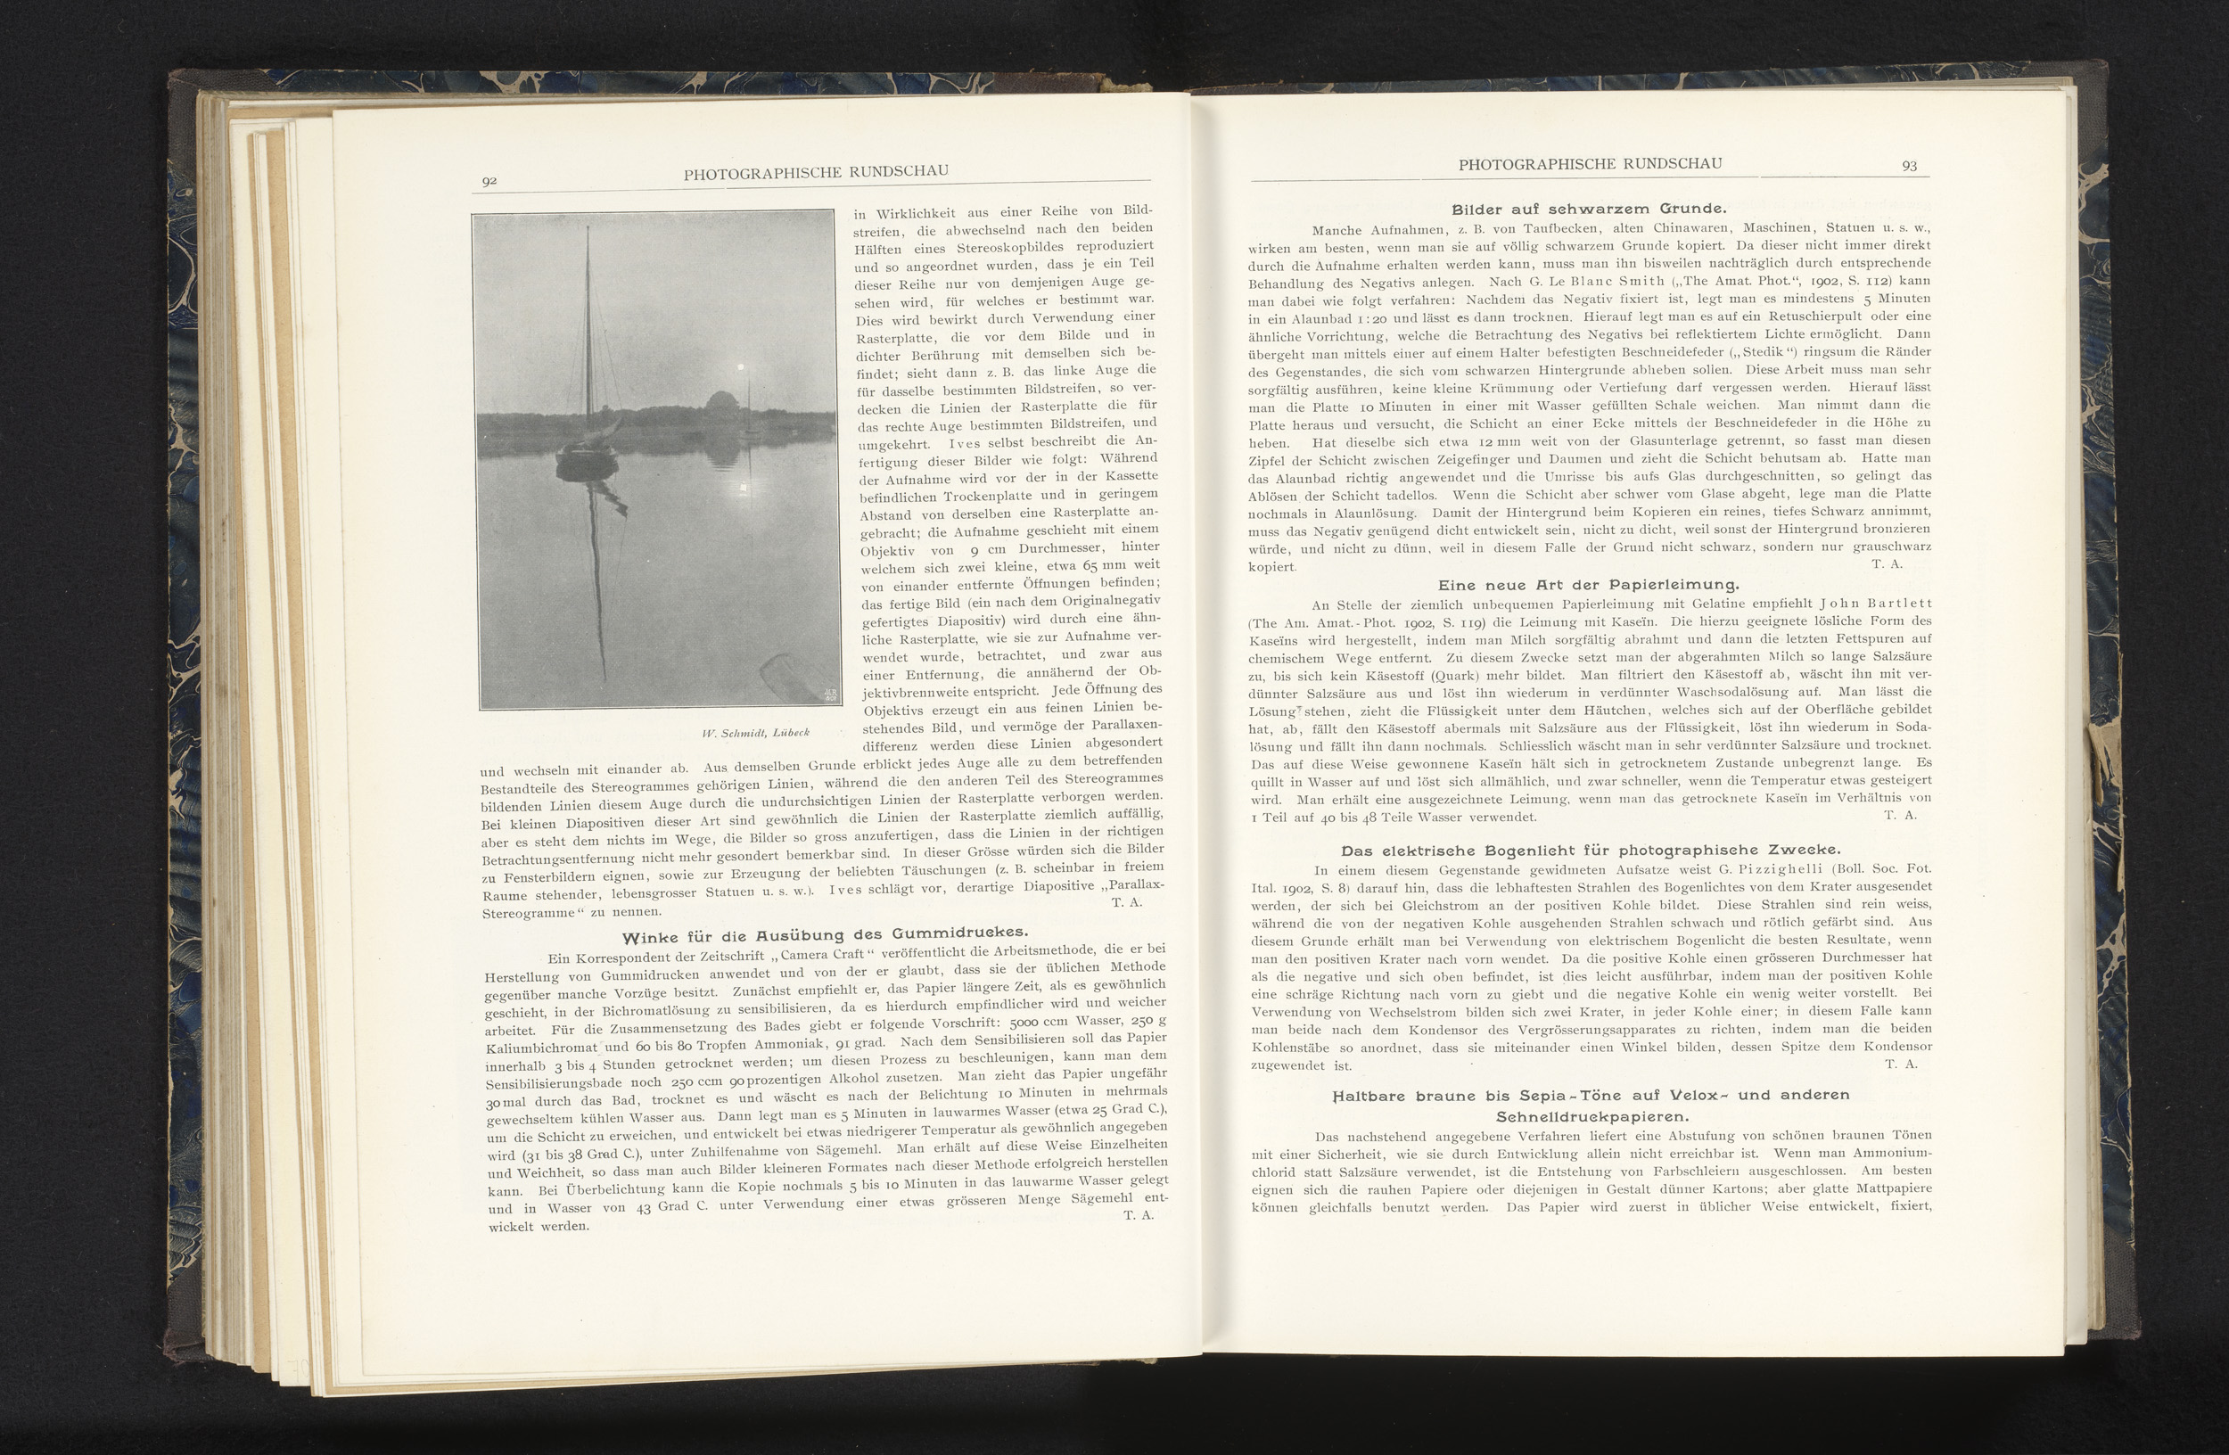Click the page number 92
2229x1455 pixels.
tap(489, 181)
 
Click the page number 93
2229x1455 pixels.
tap(1909, 166)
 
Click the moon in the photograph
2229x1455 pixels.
tap(742, 368)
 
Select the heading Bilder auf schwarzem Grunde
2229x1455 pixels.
tap(1589, 209)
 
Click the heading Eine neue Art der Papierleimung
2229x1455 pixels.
tap(1589, 584)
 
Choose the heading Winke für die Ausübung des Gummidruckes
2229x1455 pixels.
tap(825, 933)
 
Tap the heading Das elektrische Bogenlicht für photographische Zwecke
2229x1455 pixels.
tap(1591, 851)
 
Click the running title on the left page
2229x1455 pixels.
tap(816, 171)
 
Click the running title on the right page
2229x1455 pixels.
tap(1591, 164)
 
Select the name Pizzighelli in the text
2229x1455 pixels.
tap(1781, 868)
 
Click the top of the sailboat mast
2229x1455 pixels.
tap(588, 227)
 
